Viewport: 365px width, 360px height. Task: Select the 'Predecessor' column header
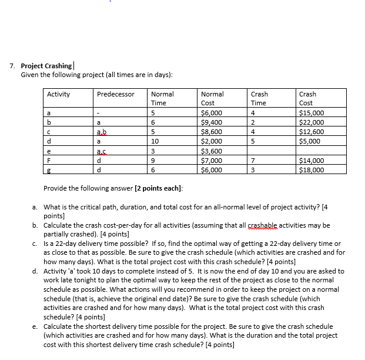115,94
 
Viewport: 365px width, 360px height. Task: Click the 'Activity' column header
58,94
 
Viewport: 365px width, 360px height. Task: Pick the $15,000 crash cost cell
311,113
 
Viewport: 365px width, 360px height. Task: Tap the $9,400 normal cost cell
212,122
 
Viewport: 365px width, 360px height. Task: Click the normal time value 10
155,141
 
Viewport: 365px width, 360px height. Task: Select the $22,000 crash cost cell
312,122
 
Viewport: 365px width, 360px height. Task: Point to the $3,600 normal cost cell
212,151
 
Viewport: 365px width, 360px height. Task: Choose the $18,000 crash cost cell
312,169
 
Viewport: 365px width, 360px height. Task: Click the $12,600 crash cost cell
312,132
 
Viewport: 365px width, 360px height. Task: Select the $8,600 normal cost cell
212,132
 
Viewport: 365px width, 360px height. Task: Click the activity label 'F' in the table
51,160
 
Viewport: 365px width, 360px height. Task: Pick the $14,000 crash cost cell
312,160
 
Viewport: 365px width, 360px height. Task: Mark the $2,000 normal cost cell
212,141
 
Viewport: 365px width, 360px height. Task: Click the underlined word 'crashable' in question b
252,225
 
